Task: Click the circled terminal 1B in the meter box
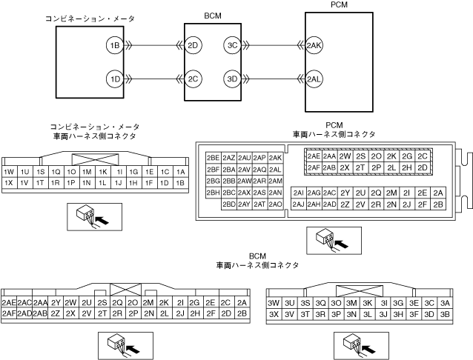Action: [x=114, y=46]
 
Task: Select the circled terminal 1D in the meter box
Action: [x=114, y=78]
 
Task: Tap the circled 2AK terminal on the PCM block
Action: [x=314, y=46]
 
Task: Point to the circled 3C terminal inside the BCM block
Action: [x=232, y=46]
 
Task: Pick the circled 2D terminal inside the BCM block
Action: [x=193, y=46]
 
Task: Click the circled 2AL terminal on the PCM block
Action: [x=314, y=78]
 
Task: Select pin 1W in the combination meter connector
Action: [x=10, y=171]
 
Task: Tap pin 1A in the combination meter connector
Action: [x=179, y=171]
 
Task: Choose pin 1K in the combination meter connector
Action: [x=103, y=171]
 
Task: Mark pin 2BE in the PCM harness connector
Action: [x=213, y=158]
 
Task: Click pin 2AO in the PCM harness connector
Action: [x=275, y=204]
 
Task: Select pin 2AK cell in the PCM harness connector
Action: [x=275, y=158]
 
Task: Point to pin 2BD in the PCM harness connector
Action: [x=228, y=204]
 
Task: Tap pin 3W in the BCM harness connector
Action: [x=273, y=302]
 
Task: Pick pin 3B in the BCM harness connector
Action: [x=445, y=313]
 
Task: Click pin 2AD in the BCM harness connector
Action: [x=24, y=313]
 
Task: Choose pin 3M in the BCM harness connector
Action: [x=351, y=302]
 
